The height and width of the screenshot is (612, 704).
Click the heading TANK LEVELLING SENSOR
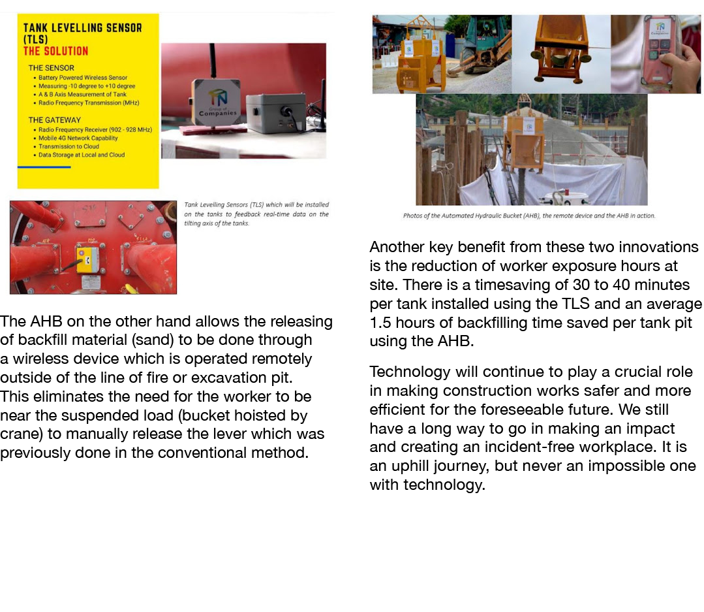pyautogui.click(x=82, y=28)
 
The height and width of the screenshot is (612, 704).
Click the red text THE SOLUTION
pyautogui.click(x=55, y=51)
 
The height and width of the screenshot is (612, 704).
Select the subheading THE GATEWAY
pyautogui.click(x=55, y=120)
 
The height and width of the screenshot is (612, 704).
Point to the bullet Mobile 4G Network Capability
pyautogui.click(x=78, y=138)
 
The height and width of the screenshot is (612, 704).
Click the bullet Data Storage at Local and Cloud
pyautogui.click(x=81, y=155)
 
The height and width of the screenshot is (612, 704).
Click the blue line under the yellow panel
pyautogui.click(x=44, y=167)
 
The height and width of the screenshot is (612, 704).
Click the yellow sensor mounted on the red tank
pyautogui.click(x=87, y=259)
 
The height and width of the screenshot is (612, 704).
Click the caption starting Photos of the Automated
pyautogui.click(x=528, y=216)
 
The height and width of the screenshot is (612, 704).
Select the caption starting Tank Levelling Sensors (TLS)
pyautogui.click(x=256, y=214)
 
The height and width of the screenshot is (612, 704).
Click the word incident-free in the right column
pyautogui.click(x=575, y=447)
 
